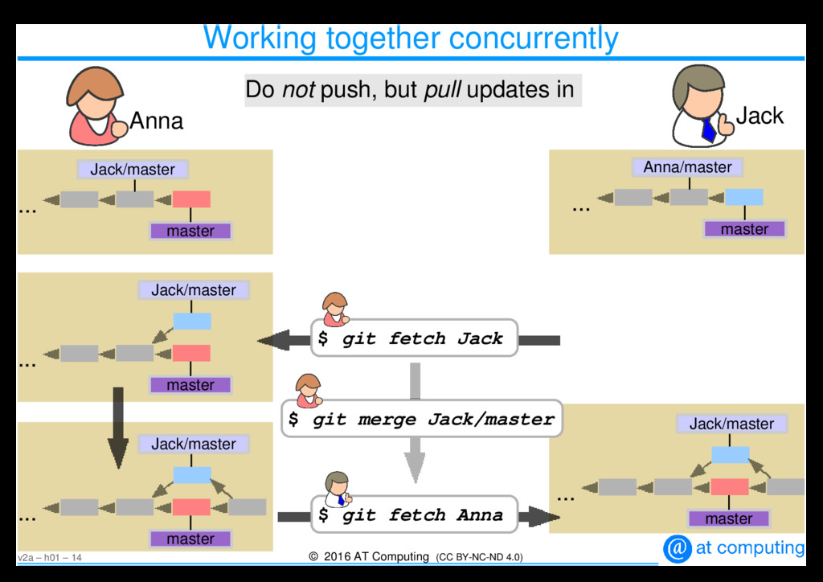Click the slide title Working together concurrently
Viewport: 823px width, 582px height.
411,38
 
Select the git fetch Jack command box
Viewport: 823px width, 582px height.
414,338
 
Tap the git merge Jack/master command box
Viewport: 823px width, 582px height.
421,419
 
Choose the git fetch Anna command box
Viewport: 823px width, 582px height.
414,514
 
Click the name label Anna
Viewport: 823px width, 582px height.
157,121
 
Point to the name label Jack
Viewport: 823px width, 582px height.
760,116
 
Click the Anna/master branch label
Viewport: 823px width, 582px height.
687,167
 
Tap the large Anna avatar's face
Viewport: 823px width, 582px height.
98,103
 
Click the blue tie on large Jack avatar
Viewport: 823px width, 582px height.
708,129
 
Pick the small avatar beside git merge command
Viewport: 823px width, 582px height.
308,391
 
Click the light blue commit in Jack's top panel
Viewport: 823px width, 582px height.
743,197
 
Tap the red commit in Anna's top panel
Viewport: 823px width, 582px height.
191,199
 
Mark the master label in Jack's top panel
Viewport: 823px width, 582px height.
744,229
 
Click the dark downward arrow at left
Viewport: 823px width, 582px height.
118,427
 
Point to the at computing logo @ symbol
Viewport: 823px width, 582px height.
678,548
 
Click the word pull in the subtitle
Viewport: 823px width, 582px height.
441,90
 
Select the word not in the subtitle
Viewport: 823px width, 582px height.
297,90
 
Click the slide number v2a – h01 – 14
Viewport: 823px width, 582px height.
50,558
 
